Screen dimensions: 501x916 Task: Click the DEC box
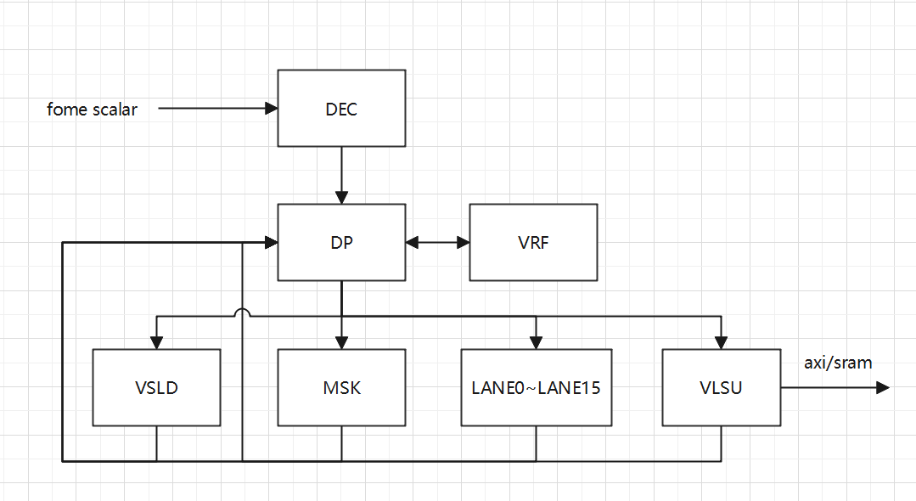341,108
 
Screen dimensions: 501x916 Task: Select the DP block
341,242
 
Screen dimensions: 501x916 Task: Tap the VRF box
533,242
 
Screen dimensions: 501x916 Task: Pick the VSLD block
156,388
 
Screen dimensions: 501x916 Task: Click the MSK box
341,388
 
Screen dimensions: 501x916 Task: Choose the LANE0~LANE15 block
536,388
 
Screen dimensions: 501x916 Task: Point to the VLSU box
721,388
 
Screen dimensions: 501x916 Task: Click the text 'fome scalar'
92,109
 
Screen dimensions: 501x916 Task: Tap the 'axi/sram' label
838,363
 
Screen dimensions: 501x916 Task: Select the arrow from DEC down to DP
341,174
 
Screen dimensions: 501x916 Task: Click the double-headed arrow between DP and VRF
437,242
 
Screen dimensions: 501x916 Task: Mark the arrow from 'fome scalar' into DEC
216,108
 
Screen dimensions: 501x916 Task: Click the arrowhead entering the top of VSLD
156,343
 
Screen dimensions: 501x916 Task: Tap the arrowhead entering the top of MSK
341,343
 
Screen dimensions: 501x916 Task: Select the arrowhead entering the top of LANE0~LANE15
536,343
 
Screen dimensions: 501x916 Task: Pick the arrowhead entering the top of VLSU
721,343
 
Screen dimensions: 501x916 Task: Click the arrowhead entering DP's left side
272,242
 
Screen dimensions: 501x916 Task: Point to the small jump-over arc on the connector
242,312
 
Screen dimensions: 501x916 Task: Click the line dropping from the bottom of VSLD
156,443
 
